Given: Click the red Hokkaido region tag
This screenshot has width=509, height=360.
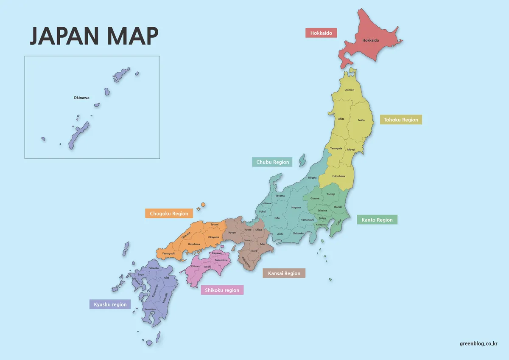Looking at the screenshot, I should (x=321, y=33).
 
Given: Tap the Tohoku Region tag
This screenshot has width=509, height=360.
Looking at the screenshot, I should (x=401, y=120).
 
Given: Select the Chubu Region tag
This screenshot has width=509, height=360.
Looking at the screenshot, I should (x=272, y=162).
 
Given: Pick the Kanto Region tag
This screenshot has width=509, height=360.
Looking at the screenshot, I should (x=377, y=220).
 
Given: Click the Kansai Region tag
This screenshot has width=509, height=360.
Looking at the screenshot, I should (x=284, y=273).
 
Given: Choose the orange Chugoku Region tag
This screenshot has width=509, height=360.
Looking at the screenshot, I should (x=169, y=214).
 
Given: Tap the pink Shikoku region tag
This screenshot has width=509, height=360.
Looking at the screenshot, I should (x=222, y=290).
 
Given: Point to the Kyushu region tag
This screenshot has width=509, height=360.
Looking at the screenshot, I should (x=110, y=304).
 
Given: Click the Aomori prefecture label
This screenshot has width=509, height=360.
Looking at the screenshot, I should (x=350, y=90).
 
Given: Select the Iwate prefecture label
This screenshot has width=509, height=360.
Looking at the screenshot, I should (x=361, y=120).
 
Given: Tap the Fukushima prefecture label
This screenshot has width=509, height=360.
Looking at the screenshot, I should (x=338, y=176).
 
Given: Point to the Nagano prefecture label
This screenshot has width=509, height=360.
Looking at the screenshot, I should (x=296, y=208).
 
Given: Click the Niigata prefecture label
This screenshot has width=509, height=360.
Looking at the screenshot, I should (x=312, y=177).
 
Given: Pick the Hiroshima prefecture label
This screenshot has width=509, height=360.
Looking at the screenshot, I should (x=194, y=244).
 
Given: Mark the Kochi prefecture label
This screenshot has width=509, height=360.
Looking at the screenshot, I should (x=208, y=267).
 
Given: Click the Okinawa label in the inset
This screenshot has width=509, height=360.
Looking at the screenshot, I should (x=81, y=98).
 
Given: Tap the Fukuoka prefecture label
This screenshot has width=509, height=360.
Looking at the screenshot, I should (x=154, y=268).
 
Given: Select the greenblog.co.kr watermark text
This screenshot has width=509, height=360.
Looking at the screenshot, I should (x=478, y=343).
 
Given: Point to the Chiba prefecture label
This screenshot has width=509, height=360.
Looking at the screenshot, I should (x=338, y=222).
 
